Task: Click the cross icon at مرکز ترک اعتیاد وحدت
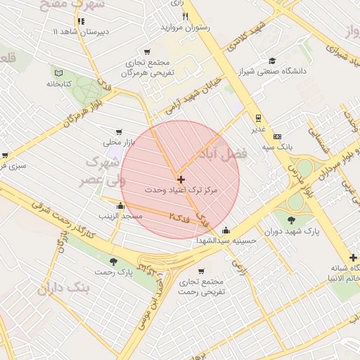(x=181, y=180)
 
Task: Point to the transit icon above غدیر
(x=258, y=118)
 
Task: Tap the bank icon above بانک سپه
(x=277, y=136)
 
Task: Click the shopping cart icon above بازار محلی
(x=118, y=131)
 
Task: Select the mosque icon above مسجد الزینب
(x=121, y=206)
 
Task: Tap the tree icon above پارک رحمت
(x=115, y=261)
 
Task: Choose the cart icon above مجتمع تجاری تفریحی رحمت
(x=201, y=271)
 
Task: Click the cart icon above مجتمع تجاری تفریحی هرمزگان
(x=147, y=51)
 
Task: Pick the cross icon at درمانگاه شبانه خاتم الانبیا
(x=353, y=258)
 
